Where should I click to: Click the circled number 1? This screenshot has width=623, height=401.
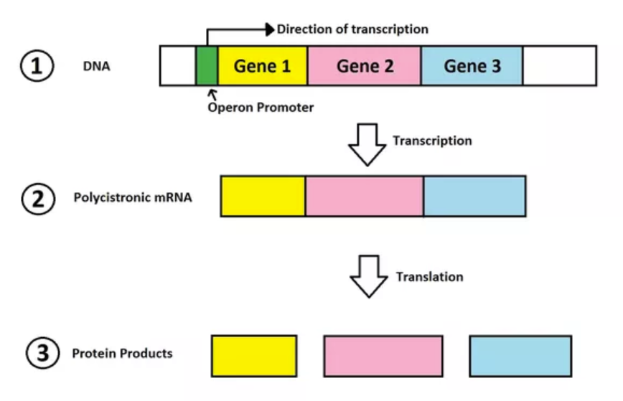(37, 66)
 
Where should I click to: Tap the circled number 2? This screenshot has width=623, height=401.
(38, 199)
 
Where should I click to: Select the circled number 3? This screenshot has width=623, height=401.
(43, 353)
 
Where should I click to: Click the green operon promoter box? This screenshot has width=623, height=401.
(207, 65)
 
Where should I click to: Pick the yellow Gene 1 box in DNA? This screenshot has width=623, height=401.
(263, 65)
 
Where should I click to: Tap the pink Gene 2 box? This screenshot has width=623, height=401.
(365, 65)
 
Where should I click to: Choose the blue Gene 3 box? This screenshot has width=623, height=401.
(472, 65)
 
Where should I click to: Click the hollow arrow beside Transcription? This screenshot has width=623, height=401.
(367, 144)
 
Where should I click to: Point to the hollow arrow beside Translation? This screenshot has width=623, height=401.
(369, 276)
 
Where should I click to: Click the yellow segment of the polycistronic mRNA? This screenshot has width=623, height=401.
(263, 196)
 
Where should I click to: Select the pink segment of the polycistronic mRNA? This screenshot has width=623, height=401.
(365, 196)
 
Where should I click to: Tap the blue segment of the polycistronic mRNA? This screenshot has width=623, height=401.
(475, 196)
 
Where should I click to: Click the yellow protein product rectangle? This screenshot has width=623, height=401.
(254, 356)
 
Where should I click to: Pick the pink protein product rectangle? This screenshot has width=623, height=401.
(383, 356)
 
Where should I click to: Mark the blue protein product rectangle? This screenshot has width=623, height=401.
(520, 356)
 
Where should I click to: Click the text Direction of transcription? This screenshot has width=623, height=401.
(352, 29)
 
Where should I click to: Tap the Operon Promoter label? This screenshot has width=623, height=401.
(261, 107)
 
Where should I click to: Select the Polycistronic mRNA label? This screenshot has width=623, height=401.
(133, 197)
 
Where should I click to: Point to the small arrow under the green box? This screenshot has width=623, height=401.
(213, 95)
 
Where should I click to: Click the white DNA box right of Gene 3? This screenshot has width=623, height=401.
(560, 65)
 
